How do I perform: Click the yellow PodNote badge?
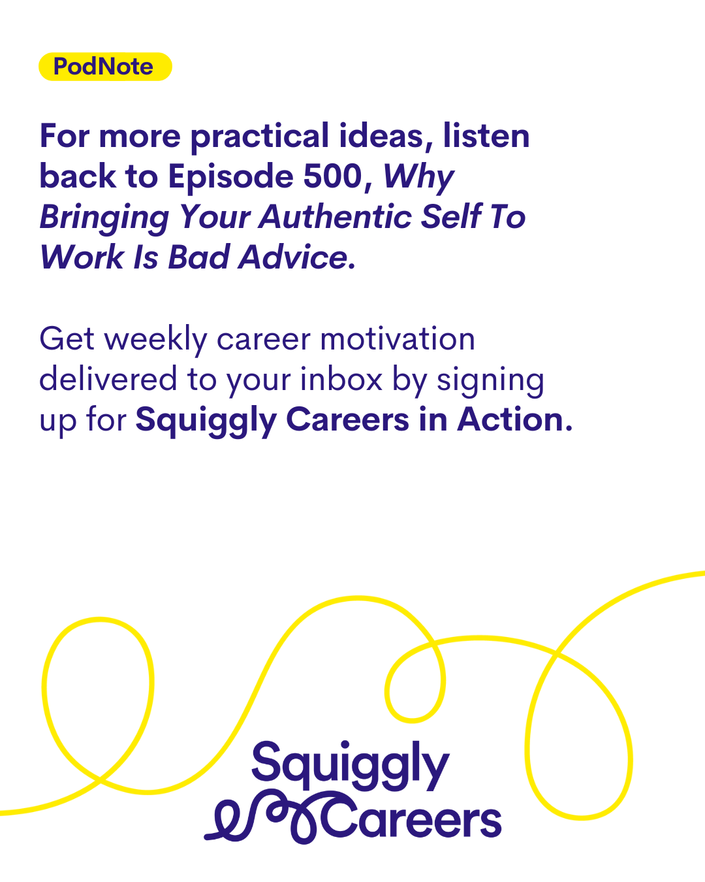click(x=105, y=67)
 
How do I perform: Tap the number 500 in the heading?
click(x=333, y=176)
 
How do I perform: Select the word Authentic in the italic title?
click(x=335, y=216)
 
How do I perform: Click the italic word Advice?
click(x=297, y=257)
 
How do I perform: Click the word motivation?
click(x=397, y=339)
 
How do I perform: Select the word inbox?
click(x=341, y=379)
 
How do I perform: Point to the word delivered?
click(x=108, y=379)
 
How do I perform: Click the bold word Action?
click(x=514, y=419)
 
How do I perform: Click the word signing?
click(x=490, y=382)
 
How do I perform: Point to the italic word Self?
click(x=452, y=216)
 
